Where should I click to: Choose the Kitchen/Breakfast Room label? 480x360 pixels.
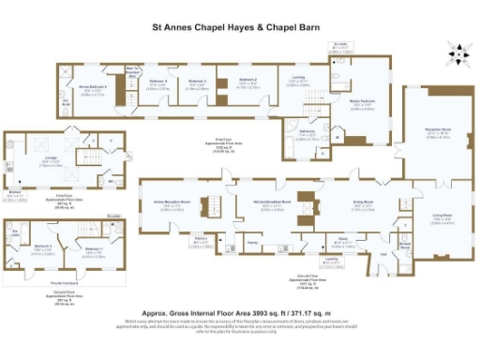tap(278, 201)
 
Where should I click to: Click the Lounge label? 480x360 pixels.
tap(46, 158)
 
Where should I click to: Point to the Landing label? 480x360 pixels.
tap(299, 78)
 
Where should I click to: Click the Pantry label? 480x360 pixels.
tap(200, 239)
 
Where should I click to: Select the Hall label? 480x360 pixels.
tap(383, 253)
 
